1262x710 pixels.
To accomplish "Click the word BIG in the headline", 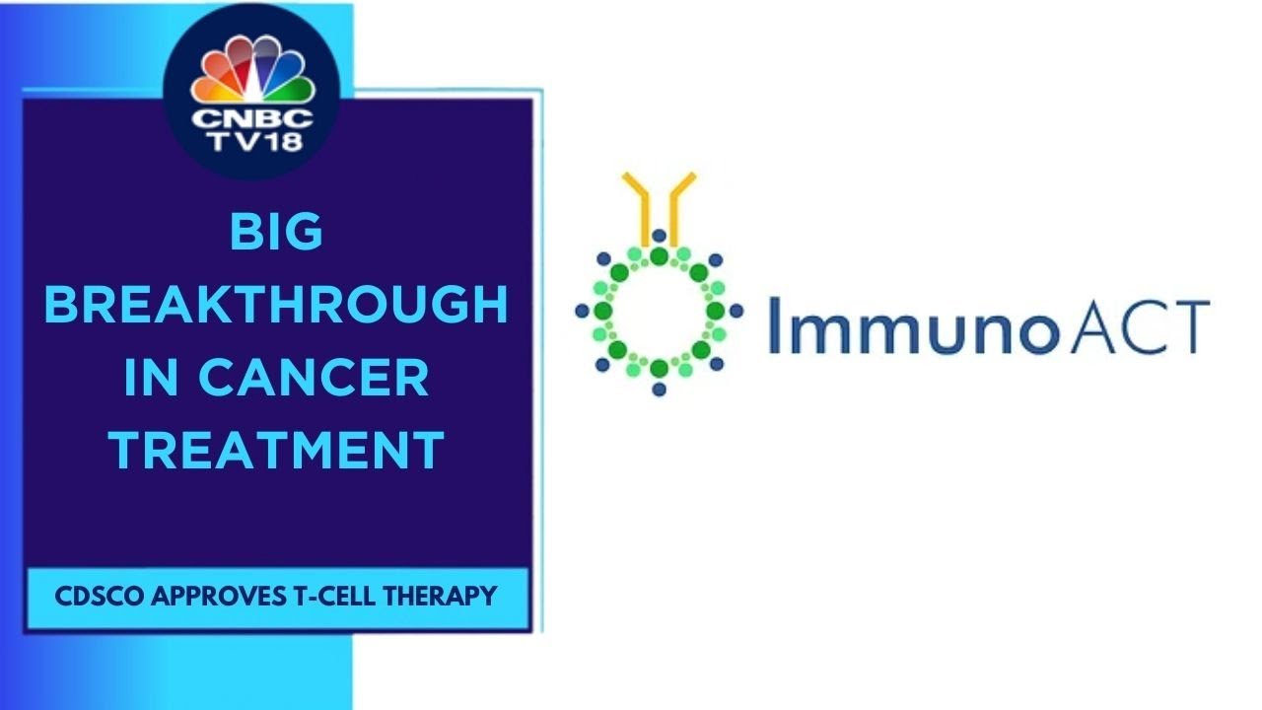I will point(276,234).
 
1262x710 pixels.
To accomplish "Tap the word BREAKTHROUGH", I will point(276,306).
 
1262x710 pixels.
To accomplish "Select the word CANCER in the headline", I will point(331,379).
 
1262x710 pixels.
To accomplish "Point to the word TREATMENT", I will point(276,451).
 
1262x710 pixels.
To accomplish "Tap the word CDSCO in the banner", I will point(92,597).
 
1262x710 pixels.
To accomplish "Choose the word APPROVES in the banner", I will point(216,597).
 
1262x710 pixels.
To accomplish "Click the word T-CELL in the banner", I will point(335,597).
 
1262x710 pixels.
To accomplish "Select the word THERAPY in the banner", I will point(443,597).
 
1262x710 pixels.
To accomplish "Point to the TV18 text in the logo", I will point(251,142).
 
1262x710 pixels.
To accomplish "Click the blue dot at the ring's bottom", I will point(659,389).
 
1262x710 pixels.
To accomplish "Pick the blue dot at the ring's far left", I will point(582,311).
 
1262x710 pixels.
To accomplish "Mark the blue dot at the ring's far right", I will point(736,311).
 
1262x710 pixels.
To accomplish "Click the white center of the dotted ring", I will point(659,312).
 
